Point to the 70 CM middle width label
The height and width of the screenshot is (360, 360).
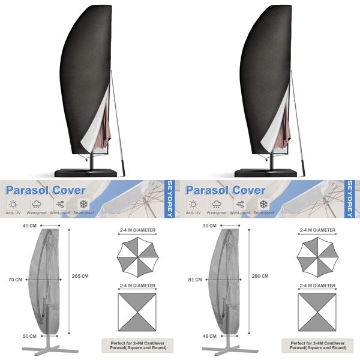(x=14, y=280)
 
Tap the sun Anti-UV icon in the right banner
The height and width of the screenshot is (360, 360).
(x=193, y=204)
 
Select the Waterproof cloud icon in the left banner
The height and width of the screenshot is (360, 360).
(x=37, y=204)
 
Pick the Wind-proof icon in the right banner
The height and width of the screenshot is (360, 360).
(x=239, y=204)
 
